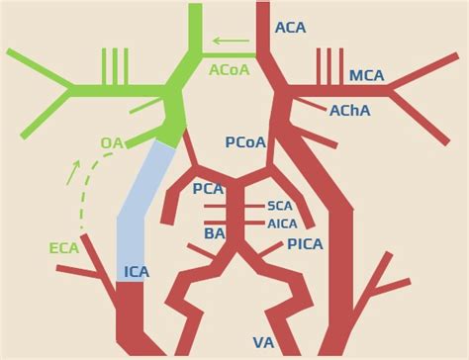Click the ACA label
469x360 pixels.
290,28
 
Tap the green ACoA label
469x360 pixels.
229,70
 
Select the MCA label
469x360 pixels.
367,76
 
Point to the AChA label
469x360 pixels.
349,111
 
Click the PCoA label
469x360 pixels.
245,142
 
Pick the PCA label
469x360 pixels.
208,189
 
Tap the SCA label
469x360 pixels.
280,206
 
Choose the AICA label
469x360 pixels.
282,224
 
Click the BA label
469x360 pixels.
215,233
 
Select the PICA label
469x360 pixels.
305,244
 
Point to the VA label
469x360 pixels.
263,342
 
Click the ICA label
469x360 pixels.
137,272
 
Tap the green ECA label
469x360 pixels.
63,248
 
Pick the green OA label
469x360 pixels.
112,143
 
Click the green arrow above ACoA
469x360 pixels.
231,42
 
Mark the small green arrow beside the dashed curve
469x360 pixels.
73,173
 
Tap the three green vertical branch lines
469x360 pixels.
115,66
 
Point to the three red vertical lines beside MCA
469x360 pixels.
329,66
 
